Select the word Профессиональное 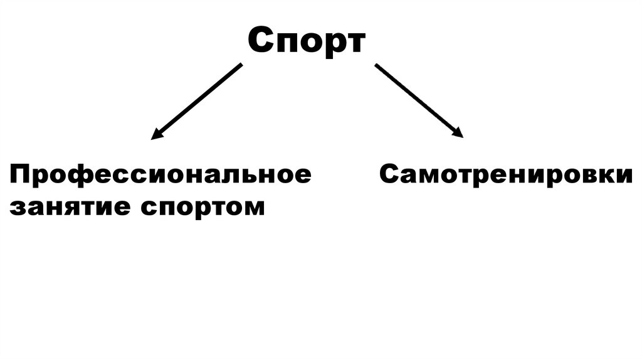click(x=160, y=175)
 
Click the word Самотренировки click(x=505, y=175)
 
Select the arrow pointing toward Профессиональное click(x=197, y=100)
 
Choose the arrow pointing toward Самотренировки click(x=419, y=100)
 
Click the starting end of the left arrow click(x=240, y=65)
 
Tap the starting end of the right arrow click(x=377, y=65)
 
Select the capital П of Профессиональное click(x=18, y=174)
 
